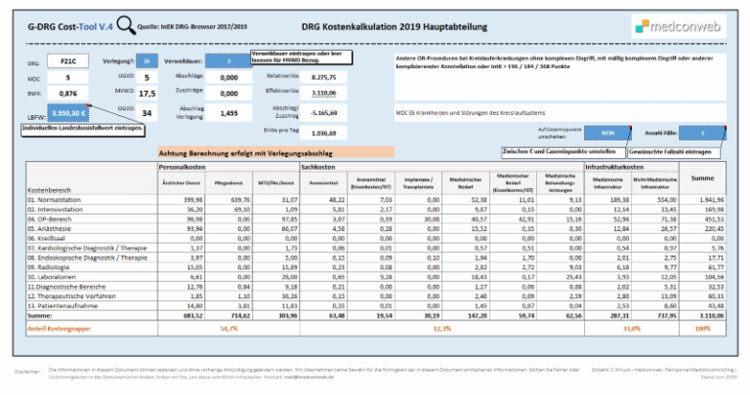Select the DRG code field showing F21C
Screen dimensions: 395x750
(68, 59)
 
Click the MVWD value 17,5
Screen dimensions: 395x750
(147, 94)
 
